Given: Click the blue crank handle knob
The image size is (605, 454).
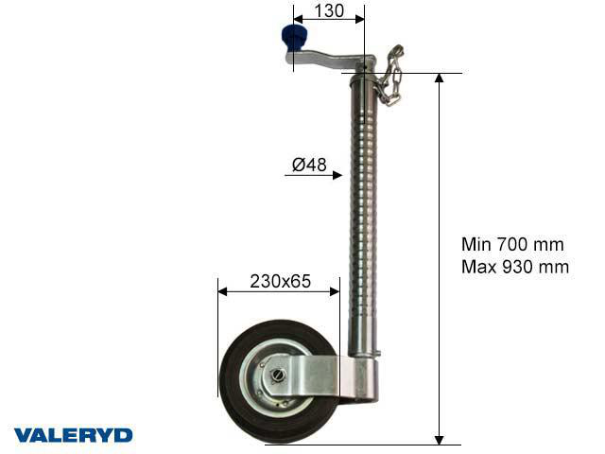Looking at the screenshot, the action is pos(294,39).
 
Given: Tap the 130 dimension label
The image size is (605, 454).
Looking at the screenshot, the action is pos(329,10).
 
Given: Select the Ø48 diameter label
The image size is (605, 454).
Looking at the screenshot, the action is pos(309,165).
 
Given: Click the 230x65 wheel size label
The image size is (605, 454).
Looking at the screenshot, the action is pos(280,282).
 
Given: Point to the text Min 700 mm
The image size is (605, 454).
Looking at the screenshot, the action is pos(512,244).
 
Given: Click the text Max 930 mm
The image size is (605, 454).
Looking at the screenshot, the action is pos(515,267).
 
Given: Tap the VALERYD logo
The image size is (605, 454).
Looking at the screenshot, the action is pos(74,435).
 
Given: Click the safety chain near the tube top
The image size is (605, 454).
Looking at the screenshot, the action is pos(389,76).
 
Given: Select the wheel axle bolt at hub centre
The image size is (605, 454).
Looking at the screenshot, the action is pos(278,375).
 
